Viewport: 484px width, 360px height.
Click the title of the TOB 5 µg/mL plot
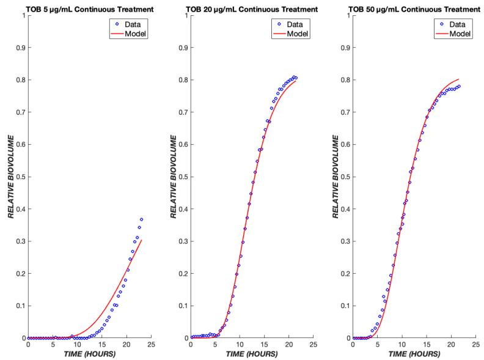point(89,9)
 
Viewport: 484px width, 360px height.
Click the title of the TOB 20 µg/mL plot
point(251,9)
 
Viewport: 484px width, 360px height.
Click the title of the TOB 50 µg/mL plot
point(414,9)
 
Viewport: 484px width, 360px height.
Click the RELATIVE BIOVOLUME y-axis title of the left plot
point(10,177)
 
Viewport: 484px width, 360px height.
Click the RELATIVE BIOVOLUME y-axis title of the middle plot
point(173,177)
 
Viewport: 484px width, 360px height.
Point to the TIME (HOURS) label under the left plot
point(89,354)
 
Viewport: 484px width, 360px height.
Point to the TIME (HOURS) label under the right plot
point(414,354)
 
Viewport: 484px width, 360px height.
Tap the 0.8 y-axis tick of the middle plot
point(183,79)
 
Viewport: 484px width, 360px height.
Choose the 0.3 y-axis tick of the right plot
point(346,241)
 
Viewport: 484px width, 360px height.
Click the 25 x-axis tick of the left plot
point(150,345)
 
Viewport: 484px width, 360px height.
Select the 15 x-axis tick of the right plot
point(427,345)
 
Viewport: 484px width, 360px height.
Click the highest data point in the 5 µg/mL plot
point(141,219)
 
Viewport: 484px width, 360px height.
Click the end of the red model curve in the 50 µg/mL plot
point(459,79)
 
